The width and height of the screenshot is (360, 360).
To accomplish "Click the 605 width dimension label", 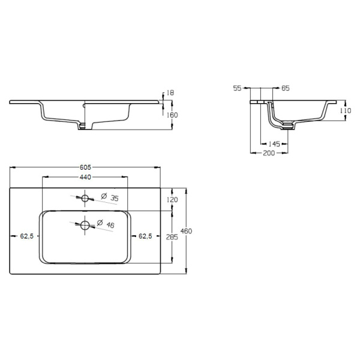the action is pos(85,167).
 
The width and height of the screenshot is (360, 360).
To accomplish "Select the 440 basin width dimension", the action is pos(85,177).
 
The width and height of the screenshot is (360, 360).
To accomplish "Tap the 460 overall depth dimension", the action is pos(186,231).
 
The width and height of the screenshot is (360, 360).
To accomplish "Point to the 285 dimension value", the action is pos(172,237).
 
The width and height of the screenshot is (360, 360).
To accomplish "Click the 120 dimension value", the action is pos(172,200).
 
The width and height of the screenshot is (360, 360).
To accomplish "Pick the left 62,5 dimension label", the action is pos(27,236).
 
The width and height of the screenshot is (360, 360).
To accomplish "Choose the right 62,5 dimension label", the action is pos(145,236).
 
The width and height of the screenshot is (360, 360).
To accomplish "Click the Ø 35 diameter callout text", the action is pos(110,197).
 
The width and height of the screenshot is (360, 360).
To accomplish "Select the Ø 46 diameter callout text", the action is pos(106,224).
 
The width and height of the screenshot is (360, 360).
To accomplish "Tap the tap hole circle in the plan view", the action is pos(85,198).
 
